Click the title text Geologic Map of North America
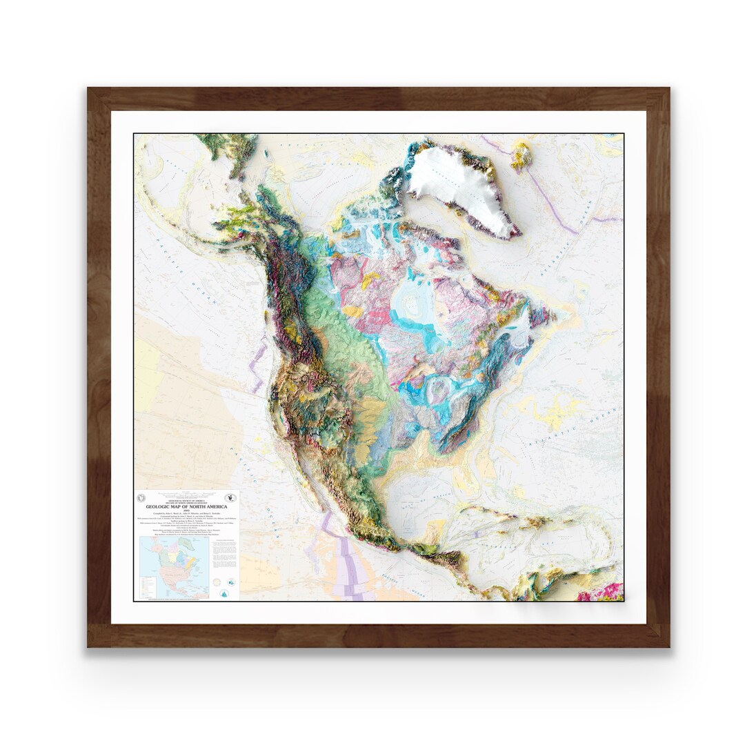pyautogui.click(x=187, y=506)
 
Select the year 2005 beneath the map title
pyautogui.click(x=187, y=511)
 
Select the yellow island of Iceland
pyautogui.click(x=521, y=155)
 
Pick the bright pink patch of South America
pyautogui.click(x=600, y=592)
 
